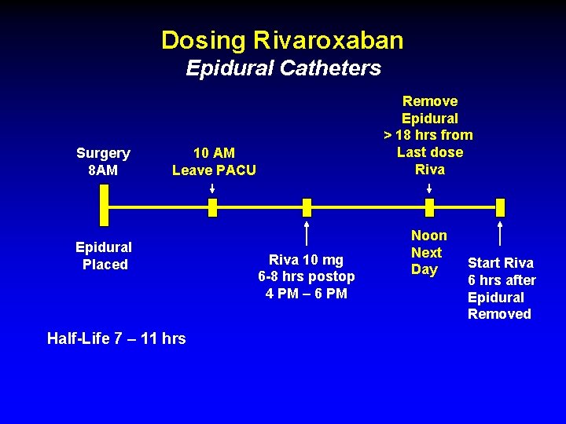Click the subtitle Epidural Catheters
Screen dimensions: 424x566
coord(283,68)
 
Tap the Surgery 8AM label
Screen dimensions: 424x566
coord(103,161)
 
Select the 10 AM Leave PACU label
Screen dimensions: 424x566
coord(214,161)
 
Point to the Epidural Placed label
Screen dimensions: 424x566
coord(104,256)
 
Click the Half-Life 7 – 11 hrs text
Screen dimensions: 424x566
coord(116,338)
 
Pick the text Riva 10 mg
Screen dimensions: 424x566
coord(307,259)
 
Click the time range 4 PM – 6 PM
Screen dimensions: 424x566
coord(307,294)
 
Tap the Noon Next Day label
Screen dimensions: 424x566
coord(428,252)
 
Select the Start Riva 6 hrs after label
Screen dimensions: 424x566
coord(502,272)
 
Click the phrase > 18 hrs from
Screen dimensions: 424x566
coord(428,135)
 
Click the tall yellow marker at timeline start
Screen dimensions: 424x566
coord(104,207)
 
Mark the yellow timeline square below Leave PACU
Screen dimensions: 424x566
coord(212,207)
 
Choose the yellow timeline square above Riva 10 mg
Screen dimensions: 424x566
coord(307,207)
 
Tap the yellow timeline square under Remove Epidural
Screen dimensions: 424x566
coord(429,207)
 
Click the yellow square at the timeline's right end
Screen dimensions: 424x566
coord(501,207)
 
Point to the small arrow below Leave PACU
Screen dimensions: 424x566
coord(212,188)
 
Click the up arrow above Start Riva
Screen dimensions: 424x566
coord(501,234)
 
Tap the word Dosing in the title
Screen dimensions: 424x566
coord(204,40)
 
